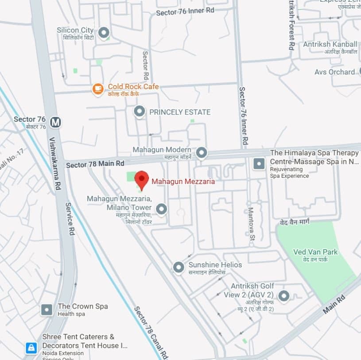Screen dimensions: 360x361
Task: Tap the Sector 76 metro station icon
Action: coord(55,122)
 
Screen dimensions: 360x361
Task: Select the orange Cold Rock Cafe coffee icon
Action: coord(98,89)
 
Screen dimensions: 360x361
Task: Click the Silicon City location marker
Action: coord(104,32)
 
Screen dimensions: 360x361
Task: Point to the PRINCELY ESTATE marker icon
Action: coord(140,112)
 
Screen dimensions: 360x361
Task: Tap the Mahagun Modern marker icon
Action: coord(202,153)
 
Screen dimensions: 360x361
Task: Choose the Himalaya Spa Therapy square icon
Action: coord(259,164)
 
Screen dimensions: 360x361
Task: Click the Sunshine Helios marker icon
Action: coord(178,267)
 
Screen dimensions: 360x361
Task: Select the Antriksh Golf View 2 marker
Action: coord(283,295)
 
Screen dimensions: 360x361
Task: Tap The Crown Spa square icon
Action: coord(47,309)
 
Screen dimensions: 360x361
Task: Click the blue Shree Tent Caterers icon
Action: coord(31,348)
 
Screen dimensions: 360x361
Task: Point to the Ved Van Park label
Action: coord(315,252)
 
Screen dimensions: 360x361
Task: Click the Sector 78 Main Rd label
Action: coord(95,164)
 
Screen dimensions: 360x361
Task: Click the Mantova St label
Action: coord(251,224)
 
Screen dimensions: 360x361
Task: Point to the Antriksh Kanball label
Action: coord(330,44)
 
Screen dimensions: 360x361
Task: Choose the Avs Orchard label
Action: coord(334,72)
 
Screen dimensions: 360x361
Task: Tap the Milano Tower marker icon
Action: coord(162,209)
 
